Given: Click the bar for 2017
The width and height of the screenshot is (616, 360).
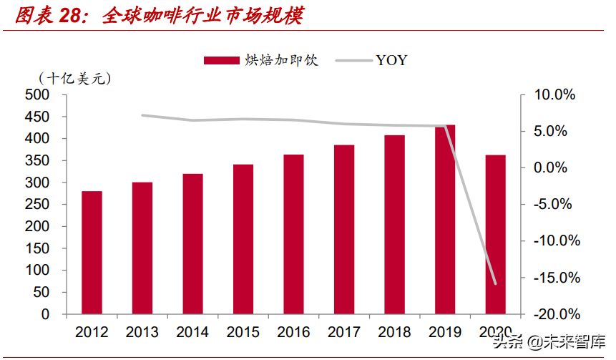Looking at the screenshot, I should pos(343,229).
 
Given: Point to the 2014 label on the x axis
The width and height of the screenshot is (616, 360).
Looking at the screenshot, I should pos(192,332).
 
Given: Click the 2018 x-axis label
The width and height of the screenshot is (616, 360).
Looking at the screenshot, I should pos(394,332).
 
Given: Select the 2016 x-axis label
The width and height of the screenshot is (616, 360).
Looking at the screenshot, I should pos(293,332).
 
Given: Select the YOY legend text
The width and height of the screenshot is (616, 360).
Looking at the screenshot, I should pos(391,60).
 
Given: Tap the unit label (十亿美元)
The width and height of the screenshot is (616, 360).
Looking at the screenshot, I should pos(76,78).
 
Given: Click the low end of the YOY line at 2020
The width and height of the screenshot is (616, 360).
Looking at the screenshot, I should pos(495,283).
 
